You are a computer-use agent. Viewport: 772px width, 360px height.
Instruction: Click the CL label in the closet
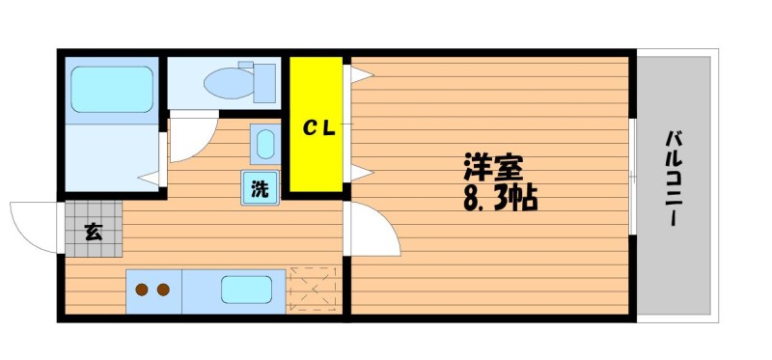[x=318, y=128]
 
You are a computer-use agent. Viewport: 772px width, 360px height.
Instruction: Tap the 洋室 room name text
[x=493, y=169]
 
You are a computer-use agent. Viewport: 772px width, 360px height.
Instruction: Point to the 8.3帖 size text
[x=500, y=199]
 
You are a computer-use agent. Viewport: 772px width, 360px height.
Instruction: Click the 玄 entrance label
[x=94, y=232]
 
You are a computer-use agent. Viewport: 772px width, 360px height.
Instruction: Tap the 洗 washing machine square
[x=260, y=187]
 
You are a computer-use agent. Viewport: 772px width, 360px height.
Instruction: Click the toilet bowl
[x=229, y=83]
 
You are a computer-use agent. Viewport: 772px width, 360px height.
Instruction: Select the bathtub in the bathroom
[x=112, y=90]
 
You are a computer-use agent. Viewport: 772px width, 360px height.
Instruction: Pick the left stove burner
[x=142, y=291]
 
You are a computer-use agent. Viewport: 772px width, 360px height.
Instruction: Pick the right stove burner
[x=163, y=291]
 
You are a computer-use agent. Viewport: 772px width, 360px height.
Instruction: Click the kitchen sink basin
[x=247, y=290]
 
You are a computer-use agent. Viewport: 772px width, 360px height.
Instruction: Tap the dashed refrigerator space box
[x=313, y=290]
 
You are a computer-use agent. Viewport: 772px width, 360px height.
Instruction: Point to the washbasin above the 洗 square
[x=265, y=144]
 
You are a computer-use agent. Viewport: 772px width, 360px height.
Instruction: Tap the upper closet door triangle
[x=362, y=74]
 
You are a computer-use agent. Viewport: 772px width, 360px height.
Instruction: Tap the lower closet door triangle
[x=362, y=173]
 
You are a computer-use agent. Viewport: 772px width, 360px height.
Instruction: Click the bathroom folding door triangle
[x=149, y=178]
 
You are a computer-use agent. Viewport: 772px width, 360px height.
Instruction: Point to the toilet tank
[x=264, y=83]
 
